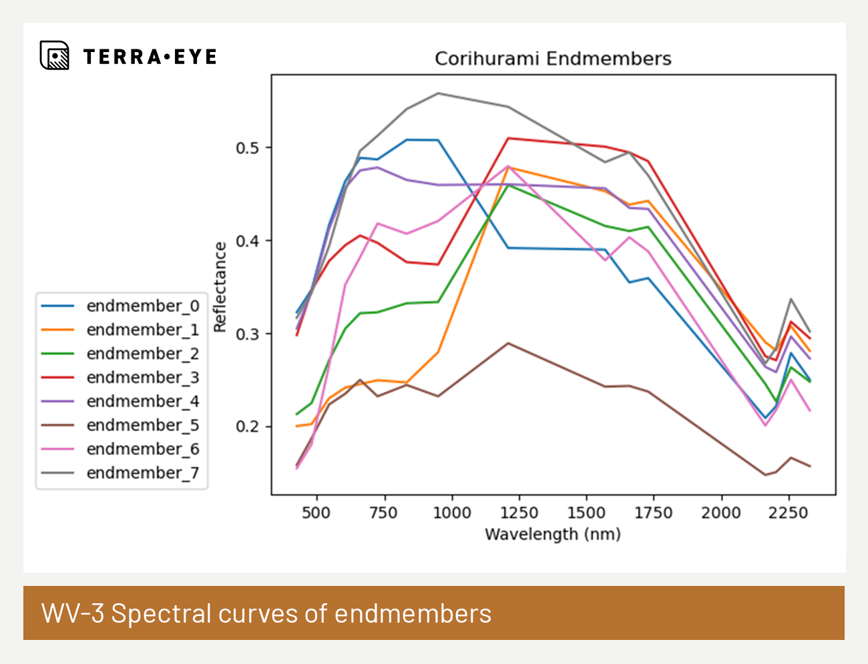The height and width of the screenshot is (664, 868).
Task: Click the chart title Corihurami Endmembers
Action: tap(553, 59)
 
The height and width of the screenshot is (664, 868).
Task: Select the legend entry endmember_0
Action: tap(142, 306)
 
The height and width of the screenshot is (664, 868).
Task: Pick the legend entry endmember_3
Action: tap(142, 378)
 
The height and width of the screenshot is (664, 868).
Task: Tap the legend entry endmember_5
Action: tap(142, 425)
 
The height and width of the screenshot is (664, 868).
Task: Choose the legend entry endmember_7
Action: tap(142, 473)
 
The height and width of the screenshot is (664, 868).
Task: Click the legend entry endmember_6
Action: tap(142, 449)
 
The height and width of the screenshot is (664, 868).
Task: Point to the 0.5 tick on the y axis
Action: tap(248, 148)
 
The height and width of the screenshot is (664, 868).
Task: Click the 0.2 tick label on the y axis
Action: tap(248, 427)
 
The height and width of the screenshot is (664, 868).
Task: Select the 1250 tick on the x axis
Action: tap(519, 513)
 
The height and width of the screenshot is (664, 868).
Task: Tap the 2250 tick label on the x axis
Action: tap(788, 513)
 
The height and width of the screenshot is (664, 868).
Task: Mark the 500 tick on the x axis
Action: tap(316, 513)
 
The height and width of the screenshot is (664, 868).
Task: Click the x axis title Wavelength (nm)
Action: tap(553, 535)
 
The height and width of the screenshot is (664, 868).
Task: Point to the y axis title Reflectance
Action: tap(220, 286)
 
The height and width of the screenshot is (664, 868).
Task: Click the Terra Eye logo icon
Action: tap(54, 55)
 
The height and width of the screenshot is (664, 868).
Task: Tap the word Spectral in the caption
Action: tap(161, 613)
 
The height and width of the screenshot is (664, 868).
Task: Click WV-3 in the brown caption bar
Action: tap(73, 613)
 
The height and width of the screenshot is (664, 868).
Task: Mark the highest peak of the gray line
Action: tap(438, 93)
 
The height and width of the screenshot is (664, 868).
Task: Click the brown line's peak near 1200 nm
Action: tap(508, 343)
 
